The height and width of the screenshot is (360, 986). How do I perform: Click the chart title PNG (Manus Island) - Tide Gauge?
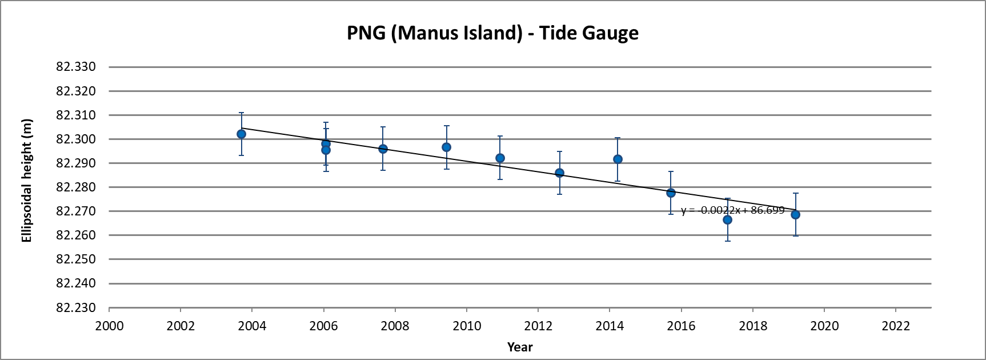tap(492, 33)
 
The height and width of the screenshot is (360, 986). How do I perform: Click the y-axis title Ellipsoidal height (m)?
tap(27, 181)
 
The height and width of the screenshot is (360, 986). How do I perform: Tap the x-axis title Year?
tap(520, 347)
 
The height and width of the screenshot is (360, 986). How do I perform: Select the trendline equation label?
tap(732, 210)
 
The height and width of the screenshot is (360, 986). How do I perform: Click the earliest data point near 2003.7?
tap(241, 134)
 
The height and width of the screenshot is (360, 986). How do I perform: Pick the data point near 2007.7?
tap(383, 149)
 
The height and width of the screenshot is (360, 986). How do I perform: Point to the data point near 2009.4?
tap(446, 147)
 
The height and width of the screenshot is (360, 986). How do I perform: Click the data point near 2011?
tap(500, 158)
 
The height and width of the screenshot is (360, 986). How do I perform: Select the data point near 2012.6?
tap(559, 173)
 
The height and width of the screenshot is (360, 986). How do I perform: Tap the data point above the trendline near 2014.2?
tap(618, 159)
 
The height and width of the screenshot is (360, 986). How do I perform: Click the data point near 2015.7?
tap(671, 193)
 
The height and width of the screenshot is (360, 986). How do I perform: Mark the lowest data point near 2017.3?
tap(727, 219)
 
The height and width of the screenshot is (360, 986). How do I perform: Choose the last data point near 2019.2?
tap(795, 214)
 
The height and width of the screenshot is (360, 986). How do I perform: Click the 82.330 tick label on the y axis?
tap(75, 67)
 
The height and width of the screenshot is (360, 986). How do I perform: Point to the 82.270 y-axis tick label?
tap(75, 211)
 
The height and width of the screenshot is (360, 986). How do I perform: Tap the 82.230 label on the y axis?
tap(75, 307)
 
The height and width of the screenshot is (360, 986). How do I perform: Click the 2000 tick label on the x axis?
tap(109, 326)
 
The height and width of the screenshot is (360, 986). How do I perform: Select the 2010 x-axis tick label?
tap(467, 326)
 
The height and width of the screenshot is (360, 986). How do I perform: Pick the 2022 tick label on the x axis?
tap(896, 326)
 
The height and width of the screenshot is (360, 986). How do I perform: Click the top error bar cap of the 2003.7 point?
tap(241, 113)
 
